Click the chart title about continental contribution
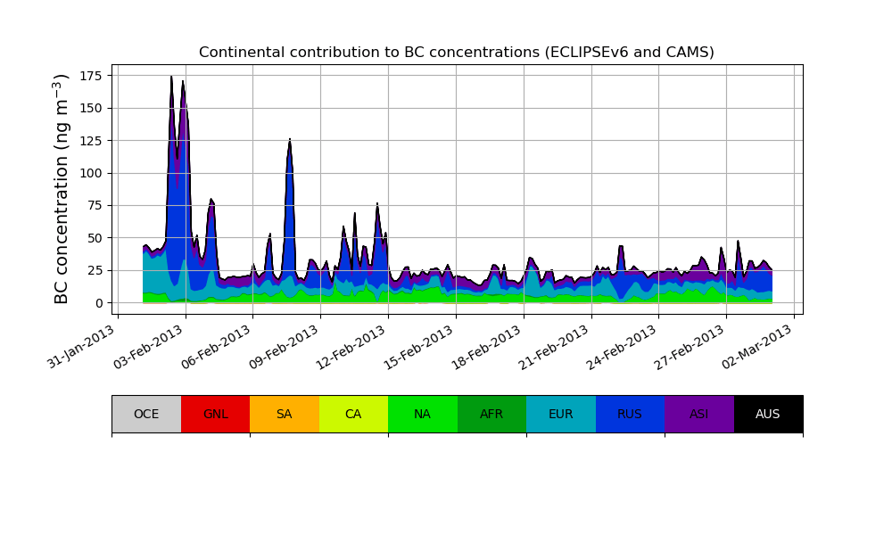(456, 53)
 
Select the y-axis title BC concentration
(62, 189)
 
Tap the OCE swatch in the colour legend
(146, 414)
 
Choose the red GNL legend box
(215, 414)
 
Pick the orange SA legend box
(284, 414)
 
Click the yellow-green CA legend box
(353, 414)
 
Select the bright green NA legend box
(422, 414)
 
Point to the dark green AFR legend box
(491, 414)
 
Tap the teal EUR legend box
(560, 414)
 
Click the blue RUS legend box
(630, 414)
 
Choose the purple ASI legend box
(698, 414)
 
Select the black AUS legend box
(768, 414)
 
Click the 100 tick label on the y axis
(93, 173)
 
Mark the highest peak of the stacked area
(171, 77)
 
